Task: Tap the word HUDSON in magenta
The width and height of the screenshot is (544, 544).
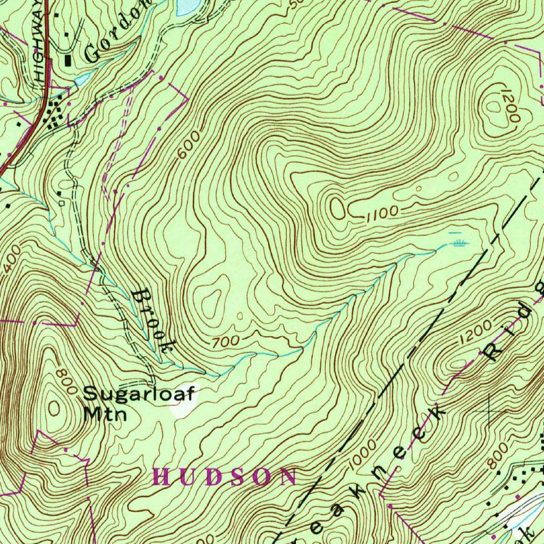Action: click(224, 477)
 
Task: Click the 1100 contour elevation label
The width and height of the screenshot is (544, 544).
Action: click(382, 213)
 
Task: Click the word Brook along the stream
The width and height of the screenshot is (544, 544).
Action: click(153, 322)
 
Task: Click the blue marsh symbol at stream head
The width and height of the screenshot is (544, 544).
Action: click(460, 242)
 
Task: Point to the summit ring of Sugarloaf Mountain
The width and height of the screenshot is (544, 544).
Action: click(54, 407)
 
